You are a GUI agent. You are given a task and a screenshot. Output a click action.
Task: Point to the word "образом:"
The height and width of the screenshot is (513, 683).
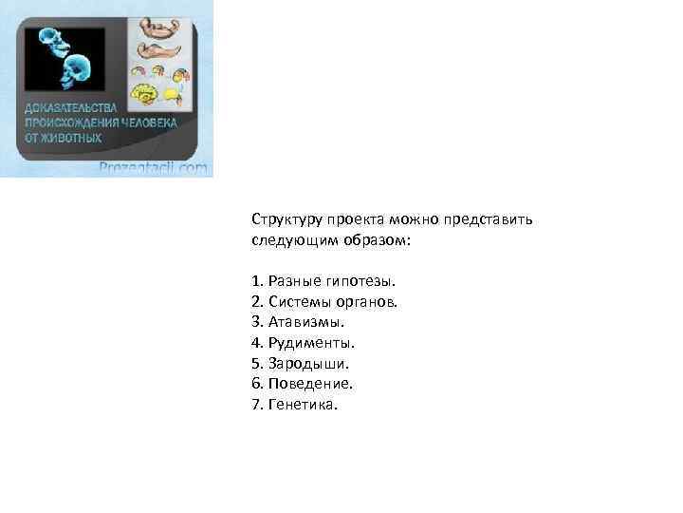click(378, 240)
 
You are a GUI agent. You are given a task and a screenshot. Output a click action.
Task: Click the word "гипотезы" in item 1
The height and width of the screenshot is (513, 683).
click(359, 281)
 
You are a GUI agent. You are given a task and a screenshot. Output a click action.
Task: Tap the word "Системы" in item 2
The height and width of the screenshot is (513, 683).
click(297, 302)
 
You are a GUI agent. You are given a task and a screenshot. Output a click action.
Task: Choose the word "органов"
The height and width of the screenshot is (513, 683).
click(364, 302)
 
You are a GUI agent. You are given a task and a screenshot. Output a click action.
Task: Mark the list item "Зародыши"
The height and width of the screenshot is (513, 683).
click(308, 364)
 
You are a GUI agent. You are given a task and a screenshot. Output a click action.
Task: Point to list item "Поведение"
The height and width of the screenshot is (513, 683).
click(310, 384)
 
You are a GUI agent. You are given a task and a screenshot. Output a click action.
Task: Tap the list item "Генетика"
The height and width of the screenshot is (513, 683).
click(304, 405)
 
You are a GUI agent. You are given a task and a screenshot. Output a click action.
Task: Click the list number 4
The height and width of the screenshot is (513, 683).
click(257, 343)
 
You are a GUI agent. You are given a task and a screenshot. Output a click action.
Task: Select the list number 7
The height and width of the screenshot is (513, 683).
click(257, 405)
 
